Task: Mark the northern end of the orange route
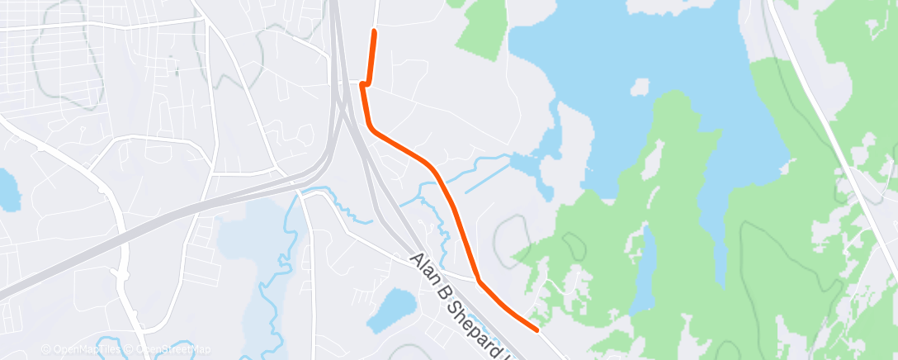tap(375, 31)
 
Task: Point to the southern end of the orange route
tap(538, 330)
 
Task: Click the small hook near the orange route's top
tap(363, 84)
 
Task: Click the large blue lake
tap(660, 50)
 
